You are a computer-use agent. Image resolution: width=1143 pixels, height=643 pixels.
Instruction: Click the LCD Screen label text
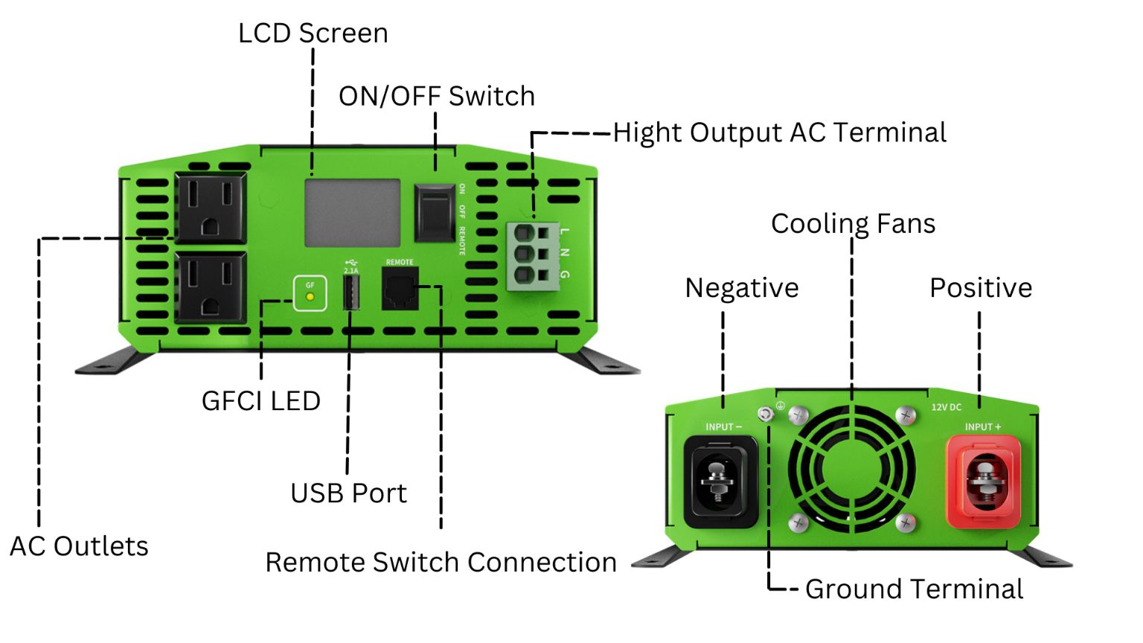(x=313, y=33)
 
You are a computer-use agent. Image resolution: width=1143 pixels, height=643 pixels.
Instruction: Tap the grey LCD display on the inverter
(x=353, y=213)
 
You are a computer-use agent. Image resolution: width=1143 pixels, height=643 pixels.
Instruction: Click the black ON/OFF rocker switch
(x=435, y=214)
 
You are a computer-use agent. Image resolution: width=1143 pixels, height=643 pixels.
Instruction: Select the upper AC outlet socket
(x=210, y=208)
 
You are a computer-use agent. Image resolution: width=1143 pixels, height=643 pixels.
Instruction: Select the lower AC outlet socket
(x=210, y=287)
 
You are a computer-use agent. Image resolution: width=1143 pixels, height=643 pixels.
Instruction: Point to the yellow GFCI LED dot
(x=310, y=297)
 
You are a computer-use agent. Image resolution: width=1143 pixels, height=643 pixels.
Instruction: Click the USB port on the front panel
(x=351, y=292)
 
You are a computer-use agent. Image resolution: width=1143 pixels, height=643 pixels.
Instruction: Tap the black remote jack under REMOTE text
(x=400, y=289)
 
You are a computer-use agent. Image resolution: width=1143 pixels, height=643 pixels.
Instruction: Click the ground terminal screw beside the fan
(x=765, y=414)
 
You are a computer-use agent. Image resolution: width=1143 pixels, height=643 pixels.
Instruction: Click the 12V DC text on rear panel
(x=947, y=407)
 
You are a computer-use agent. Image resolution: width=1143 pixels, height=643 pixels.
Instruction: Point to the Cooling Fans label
(x=853, y=224)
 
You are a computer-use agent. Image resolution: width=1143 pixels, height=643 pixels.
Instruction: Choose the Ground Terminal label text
(x=914, y=589)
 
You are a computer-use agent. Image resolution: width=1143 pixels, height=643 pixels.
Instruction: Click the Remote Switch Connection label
(x=441, y=563)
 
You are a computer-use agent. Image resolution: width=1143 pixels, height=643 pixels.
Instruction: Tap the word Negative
(x=741, y=288)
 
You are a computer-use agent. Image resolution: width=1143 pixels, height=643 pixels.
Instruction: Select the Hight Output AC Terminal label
(x=779, y=132)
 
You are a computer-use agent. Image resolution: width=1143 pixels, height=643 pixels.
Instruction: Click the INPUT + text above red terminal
(x=983, y=427)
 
